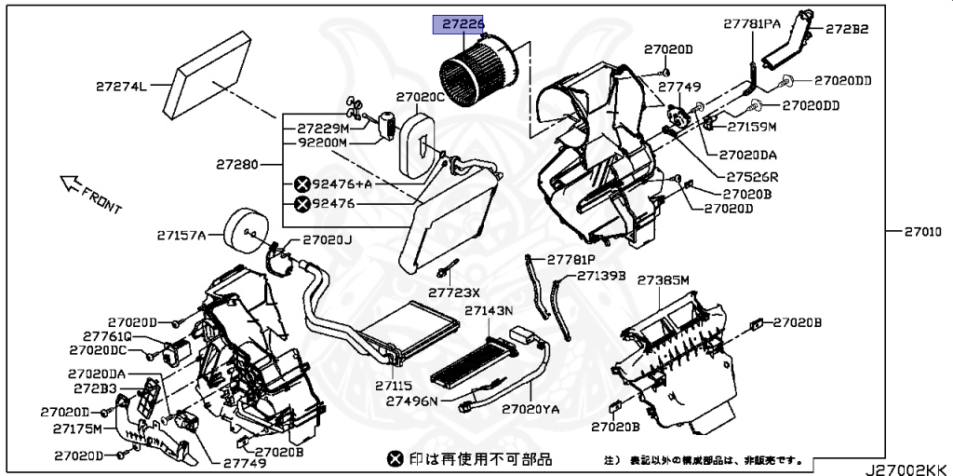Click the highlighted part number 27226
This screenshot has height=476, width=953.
coord(463,25)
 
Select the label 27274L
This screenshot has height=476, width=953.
coord(121,87)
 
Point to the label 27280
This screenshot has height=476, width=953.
coord(237,164)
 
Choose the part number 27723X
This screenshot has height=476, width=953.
coord(452,292)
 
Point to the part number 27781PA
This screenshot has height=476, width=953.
coord(752,24)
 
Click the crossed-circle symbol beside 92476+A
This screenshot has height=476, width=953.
coord(302,184)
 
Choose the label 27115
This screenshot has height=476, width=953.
coord(394,385)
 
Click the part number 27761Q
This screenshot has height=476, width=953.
coord(107,335)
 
